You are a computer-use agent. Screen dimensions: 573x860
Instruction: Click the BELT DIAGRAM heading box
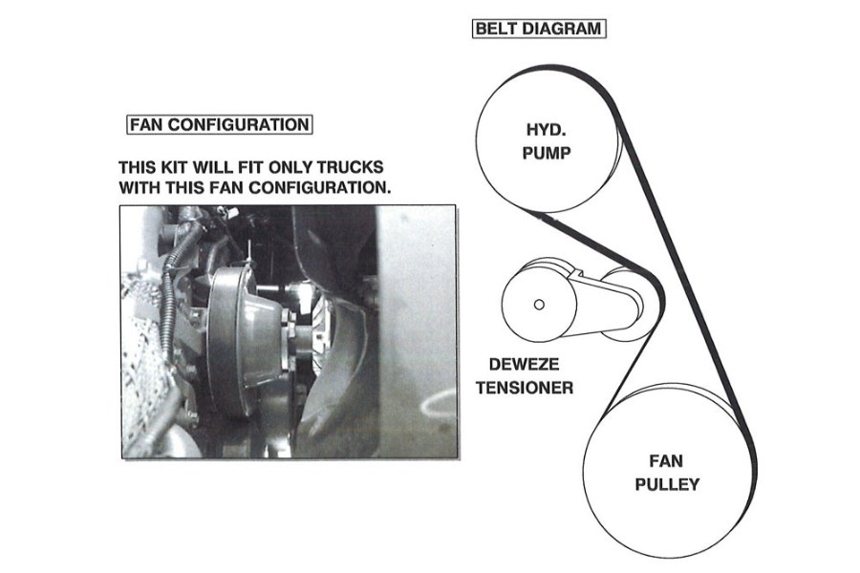540,28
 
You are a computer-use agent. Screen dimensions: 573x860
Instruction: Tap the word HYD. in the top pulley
547,130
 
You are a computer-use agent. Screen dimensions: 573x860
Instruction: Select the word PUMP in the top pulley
547,153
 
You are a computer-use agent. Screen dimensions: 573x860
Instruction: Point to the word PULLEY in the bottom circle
667,485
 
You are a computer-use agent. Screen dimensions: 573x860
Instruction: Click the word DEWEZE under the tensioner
521,365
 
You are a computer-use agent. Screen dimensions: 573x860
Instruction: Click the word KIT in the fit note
173,166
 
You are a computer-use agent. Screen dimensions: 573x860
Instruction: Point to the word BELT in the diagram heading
497,28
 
